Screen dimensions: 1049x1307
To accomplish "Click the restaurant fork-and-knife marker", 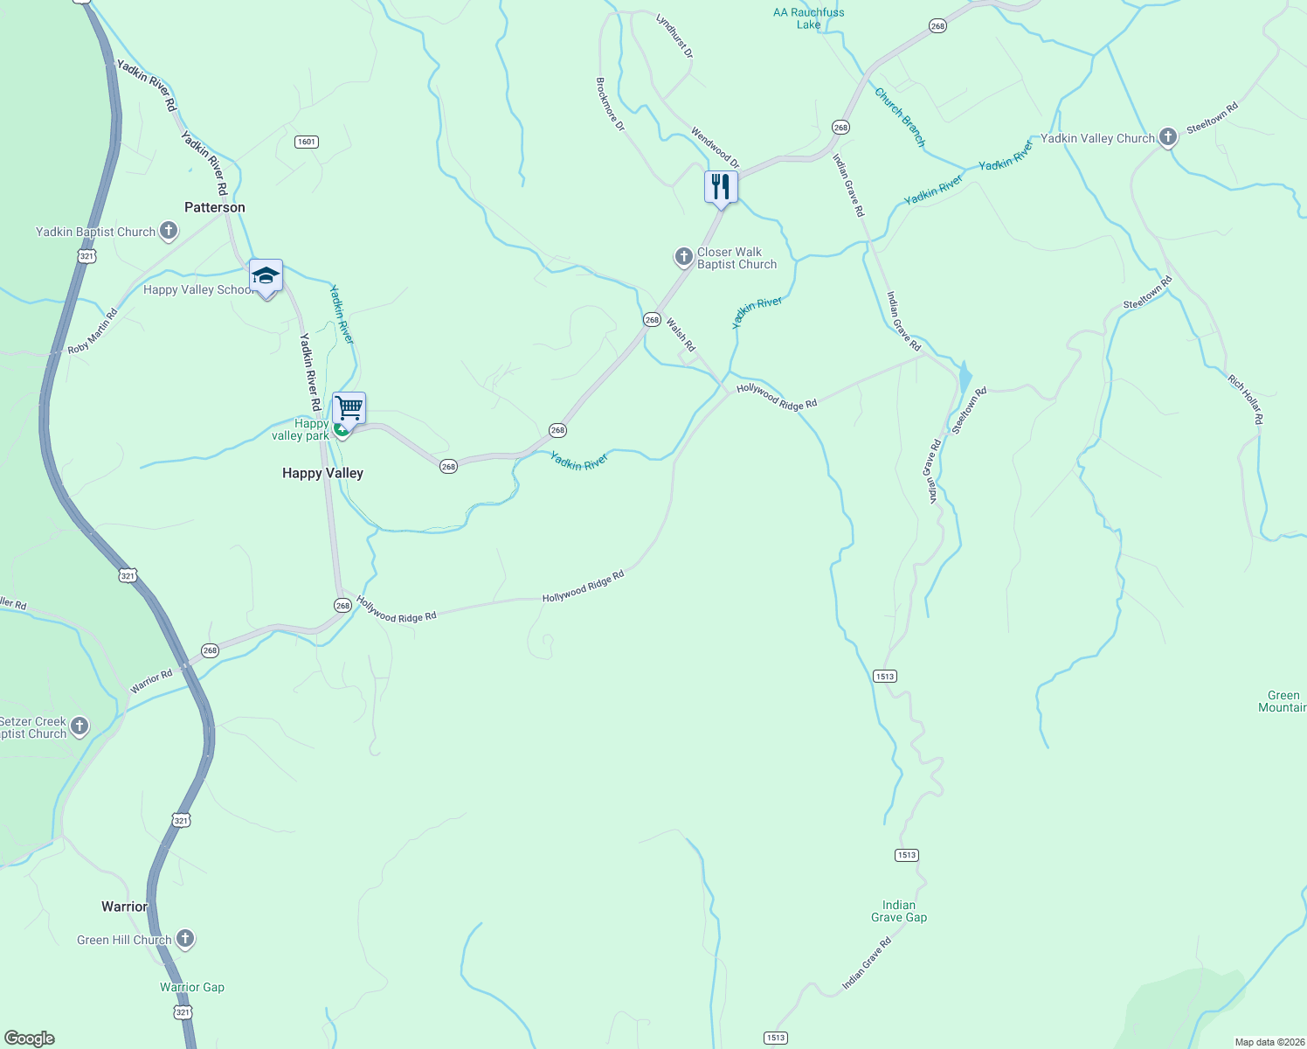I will pos(721,186).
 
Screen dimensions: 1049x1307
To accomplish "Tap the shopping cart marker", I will pos(349,407).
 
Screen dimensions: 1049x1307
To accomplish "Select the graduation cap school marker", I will pos(266,276).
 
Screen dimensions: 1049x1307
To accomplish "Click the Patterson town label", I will pos(215,207).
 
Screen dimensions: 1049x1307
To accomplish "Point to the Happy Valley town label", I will pos(322,473).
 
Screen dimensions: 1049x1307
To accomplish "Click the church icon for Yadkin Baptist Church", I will pos(169,232).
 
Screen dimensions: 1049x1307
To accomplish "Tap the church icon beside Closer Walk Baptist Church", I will pos(683,257).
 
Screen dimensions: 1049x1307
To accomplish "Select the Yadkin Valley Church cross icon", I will pos(1167,137).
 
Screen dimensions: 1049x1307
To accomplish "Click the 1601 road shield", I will pos(306,142).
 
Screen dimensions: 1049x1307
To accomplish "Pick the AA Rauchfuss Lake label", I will pos(808,18).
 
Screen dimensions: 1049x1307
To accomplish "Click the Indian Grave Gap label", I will pos(899,911).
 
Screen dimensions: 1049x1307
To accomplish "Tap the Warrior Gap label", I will pos(192,987).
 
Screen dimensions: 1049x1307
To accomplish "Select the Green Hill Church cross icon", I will pos(185,939).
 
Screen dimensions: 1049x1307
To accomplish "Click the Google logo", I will pos(30,1039).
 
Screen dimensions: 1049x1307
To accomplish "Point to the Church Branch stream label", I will pos(900,117).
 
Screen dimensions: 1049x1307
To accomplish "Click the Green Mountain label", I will pos(1282,701).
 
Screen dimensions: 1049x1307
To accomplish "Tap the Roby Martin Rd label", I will pos(93,332).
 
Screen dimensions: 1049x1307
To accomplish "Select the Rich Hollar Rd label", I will pos(1245,399).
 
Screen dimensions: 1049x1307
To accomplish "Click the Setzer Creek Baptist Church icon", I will pos(80,726).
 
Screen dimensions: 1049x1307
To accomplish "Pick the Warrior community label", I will pos(125,907).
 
